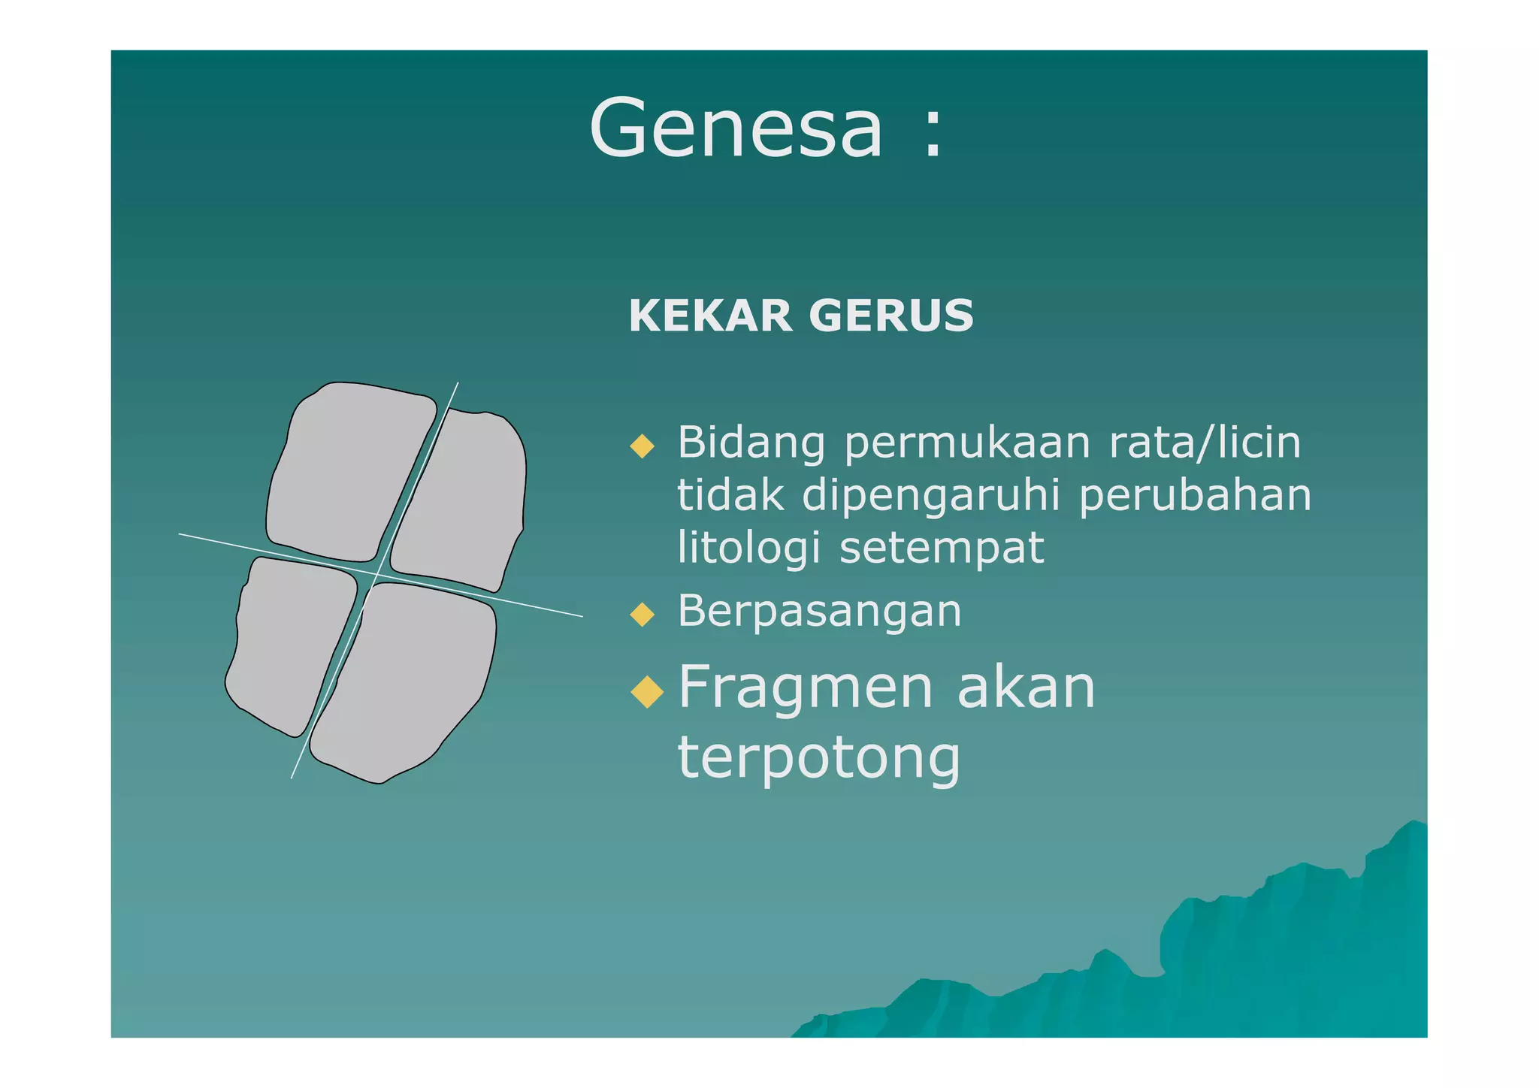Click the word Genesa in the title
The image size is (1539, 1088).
point(736,129)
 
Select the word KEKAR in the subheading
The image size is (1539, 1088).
point(710,316)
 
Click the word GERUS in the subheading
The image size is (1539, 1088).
point(891,316)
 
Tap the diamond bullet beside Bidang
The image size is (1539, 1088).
point(643,446)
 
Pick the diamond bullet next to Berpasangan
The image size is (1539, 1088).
point(643,614)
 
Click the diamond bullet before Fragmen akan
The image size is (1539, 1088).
point(647,691)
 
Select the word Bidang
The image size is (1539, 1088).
point(751,443)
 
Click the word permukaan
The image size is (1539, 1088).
point(967,443)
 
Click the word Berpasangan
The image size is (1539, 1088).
point(819,611)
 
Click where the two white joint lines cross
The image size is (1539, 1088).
point(377,575)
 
